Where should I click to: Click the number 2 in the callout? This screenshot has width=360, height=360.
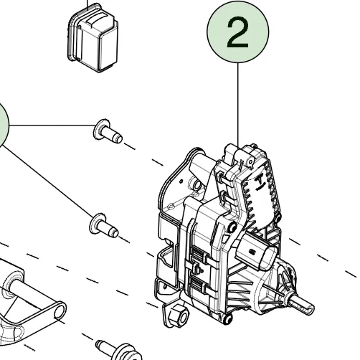click(x=237, y=33)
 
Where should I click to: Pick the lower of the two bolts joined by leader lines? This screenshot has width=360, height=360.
click(x=103, y=226)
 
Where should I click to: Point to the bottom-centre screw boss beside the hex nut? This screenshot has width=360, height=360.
click(x=227, y=318)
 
